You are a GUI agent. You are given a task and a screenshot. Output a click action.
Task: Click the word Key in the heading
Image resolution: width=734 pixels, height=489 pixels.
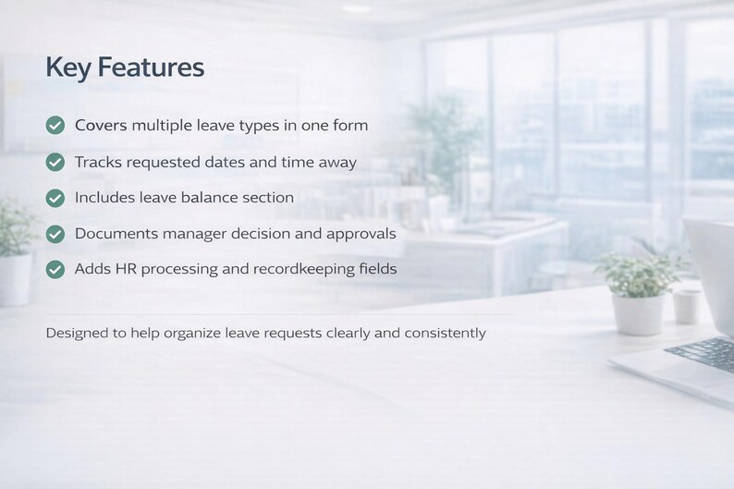[x=67, y=67]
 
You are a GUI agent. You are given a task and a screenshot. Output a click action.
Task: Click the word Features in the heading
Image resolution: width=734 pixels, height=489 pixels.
[x=151, y=67]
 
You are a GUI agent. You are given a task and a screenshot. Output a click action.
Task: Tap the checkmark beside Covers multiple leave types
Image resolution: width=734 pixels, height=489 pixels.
[x=55, y=125]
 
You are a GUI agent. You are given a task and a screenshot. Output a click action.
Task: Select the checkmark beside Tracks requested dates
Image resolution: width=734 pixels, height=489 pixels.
[x=55, y=162]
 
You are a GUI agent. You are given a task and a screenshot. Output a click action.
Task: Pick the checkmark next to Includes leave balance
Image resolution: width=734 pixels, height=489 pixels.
[x=55, y=198]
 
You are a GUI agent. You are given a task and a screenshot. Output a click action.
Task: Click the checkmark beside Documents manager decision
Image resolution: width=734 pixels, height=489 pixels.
[x=55, y=234]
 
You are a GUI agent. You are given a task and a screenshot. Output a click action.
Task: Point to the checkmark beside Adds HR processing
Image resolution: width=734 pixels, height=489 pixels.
[x=55, y=269]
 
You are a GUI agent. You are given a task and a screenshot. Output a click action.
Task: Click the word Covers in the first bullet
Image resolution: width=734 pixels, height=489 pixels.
[x=101, y=125]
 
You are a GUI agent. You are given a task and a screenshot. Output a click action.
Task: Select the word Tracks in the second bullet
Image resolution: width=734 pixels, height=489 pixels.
[x=97, y=162]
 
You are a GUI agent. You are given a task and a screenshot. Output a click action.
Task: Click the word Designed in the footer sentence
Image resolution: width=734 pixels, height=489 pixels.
[x=77, y=333]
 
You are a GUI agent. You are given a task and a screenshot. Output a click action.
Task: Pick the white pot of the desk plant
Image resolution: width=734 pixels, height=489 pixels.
[x=638, y=312]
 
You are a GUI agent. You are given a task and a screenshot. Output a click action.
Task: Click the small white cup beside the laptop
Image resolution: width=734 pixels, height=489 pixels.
[x=687, y=306]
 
